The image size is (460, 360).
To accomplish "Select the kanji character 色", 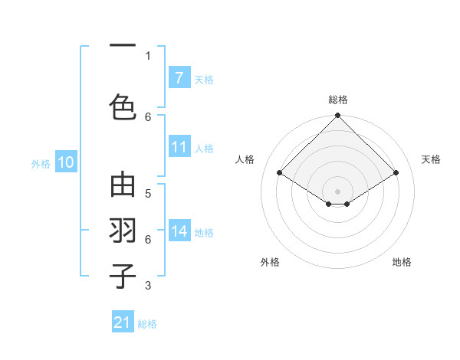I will (x=123, y=106).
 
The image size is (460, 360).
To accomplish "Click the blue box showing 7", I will (x=179, y=78).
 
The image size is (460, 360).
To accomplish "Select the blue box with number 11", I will (x=179, y=148).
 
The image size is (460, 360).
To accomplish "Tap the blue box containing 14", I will (x=179, y=231).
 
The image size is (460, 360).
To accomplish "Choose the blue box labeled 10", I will (x=65, y=162).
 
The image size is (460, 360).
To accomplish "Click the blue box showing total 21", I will (x=123, y=322).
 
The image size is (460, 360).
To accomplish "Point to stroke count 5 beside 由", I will (x=148, y=192).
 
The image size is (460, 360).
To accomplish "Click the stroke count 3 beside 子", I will (x=148, y=286).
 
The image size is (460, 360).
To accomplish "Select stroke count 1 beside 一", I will (x=148, y=55).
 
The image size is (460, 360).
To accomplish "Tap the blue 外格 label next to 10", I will (x=40, y=163).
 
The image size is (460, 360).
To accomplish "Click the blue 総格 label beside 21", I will (x=148, y=323).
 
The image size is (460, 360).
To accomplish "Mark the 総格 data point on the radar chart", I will (x=337, y=116).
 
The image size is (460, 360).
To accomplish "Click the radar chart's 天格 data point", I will (x=396, y=173).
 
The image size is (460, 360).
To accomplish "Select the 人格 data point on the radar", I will (x=279, y=173).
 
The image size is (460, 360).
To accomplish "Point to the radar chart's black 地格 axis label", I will (x=402, y=262).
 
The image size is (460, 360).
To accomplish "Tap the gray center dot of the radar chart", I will (x=337, y=191).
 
